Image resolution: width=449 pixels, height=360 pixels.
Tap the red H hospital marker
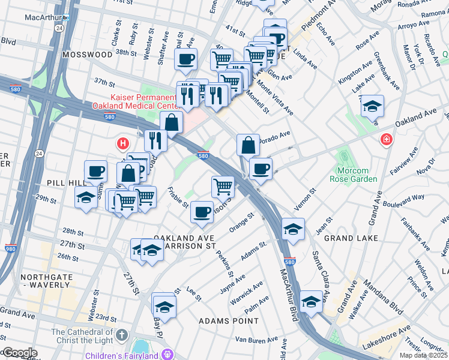click(x=123, y=143)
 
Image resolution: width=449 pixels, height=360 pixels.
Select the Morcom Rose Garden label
click(x=354, y=175)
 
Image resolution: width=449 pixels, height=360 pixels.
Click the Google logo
click(x=19, y=353)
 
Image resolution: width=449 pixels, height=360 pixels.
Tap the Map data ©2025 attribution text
click(x=423, y=356)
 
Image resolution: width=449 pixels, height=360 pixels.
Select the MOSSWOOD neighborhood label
click(x=87, y=54)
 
